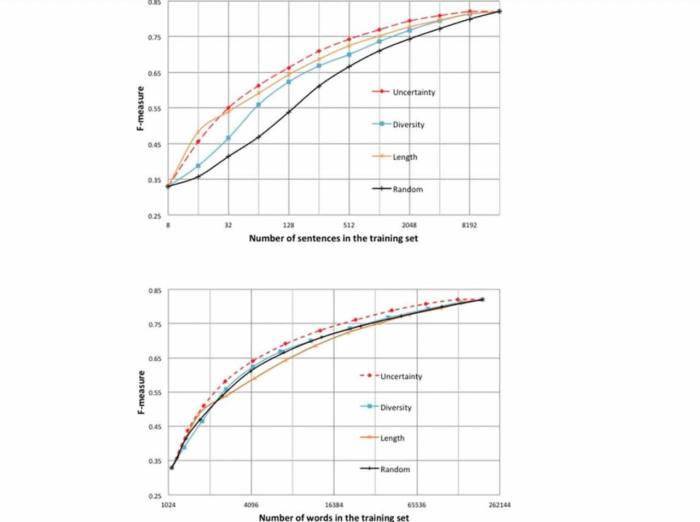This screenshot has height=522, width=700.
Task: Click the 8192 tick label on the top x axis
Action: [x=469, y=225]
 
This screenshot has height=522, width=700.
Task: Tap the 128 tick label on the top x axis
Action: [x=289, y=225]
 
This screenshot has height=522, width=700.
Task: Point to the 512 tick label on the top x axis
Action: [x=349, y=225]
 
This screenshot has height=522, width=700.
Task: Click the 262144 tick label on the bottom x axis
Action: [x=499, y=505]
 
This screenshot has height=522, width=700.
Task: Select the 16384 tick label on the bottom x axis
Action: [x=334, y=505]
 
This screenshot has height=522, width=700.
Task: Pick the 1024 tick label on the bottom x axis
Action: [x=168, y=505]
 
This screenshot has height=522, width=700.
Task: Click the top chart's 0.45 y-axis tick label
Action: [x=154, y=144]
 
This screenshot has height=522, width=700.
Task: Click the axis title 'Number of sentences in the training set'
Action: [x=333, y=238]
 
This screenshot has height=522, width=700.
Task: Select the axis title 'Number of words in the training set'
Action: [x=334, y=517]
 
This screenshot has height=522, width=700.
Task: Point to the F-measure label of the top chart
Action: [x=140, y=108]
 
